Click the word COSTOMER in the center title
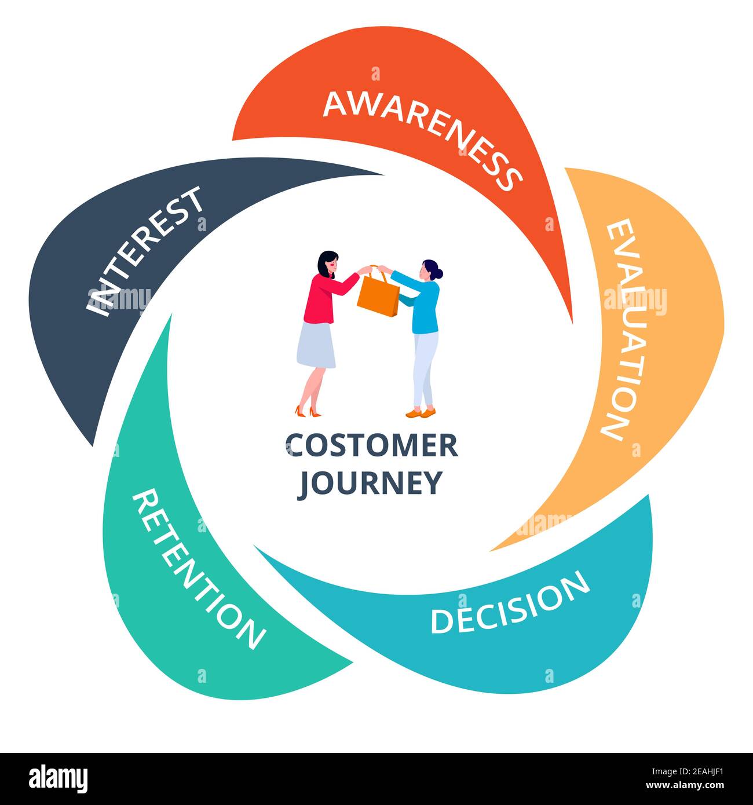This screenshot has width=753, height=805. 371,446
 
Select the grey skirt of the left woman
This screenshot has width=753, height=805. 316,345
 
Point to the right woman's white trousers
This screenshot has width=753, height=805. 425,367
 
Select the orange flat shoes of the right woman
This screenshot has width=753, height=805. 421,413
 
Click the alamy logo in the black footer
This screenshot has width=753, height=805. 59,778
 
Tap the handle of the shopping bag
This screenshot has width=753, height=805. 375,271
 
